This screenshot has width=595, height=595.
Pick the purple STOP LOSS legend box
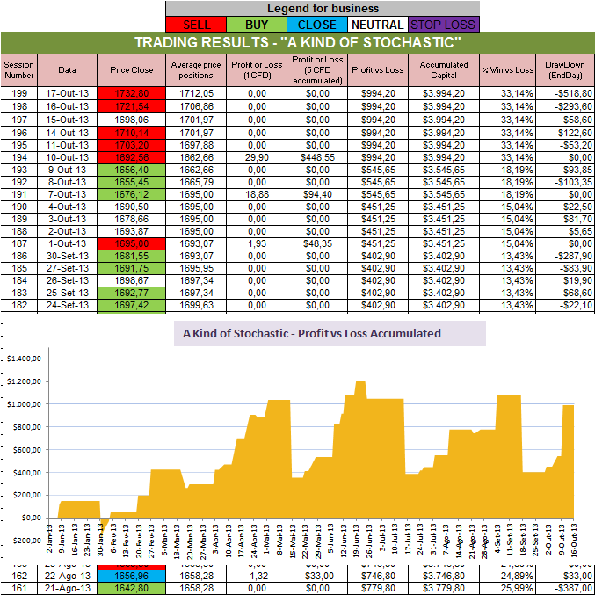(446, 25)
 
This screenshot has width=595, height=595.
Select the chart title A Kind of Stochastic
(312, 334)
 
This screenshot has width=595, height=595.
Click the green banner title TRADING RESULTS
(297, 43)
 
